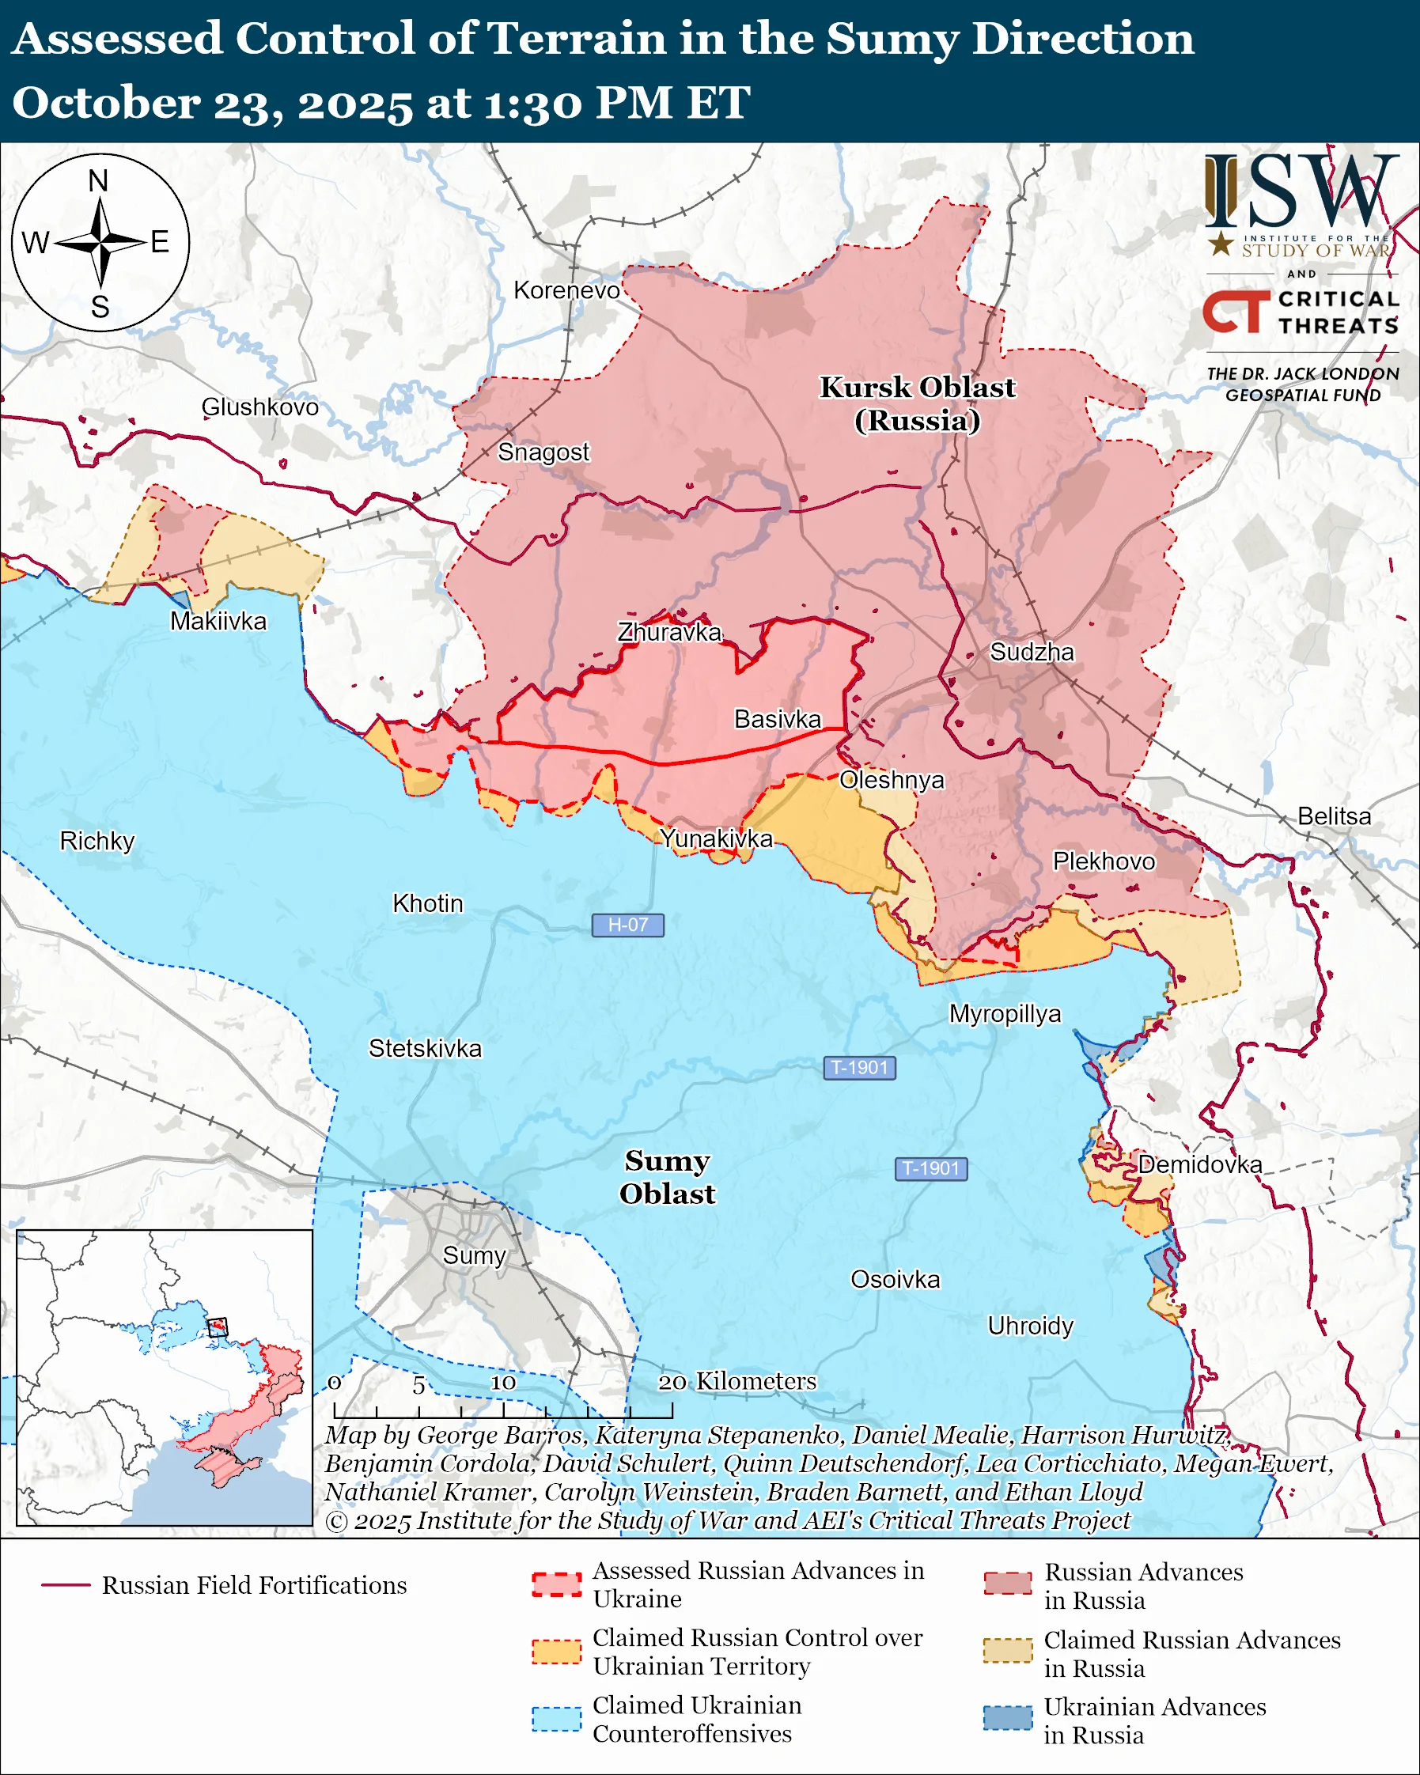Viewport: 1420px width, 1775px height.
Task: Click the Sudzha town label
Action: pos(1032,652)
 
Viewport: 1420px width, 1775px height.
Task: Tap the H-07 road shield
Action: pos(627,925)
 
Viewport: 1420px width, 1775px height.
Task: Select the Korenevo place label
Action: pos(566,290)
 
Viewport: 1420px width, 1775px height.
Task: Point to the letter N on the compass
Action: pos(98,181)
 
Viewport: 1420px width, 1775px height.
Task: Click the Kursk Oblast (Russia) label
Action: pos(917,403)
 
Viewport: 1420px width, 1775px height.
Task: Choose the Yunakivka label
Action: pos(716,838)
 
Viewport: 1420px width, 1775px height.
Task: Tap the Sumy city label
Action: pos(473,1255)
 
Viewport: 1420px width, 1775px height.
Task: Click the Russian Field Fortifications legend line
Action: pos(66,1585)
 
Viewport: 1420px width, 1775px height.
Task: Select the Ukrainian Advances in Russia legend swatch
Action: pos(1008,1719)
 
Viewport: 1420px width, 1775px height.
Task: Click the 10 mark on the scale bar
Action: pos(503,1383)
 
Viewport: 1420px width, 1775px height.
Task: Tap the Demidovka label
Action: pos(1200,1164)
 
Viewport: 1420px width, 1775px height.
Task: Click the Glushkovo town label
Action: pos(260,407)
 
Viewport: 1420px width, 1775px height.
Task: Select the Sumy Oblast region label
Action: pos(667,1176)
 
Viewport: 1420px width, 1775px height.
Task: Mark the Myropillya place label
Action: pos(1005,1013)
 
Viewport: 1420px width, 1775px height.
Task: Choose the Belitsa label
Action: pos(1335,816)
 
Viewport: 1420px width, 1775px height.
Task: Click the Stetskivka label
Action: pos(425,1048)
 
